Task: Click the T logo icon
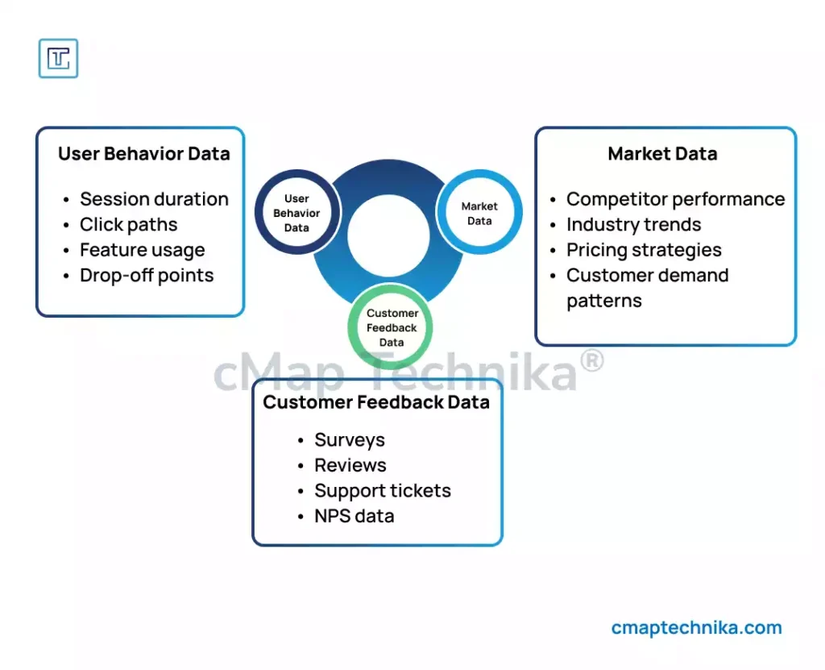point(59,58)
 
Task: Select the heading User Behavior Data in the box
point(143,154)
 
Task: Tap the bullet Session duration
point(154,199)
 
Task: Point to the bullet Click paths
point(128,225)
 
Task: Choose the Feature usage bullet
point(142,250)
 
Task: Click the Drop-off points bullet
point(147,276)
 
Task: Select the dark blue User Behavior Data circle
point(296,213)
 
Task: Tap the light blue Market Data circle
point(479,213)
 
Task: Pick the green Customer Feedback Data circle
point(392,327)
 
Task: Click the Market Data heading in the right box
point(662,154)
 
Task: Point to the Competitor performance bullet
point(675,199)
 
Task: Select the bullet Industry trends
point(633,225)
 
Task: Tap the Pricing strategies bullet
point(644,250)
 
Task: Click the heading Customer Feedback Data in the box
point(376,402)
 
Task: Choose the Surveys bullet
point(350,440)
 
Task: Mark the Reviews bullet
point(350,465)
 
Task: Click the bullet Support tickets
point(382,491)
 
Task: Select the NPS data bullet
point(354,516)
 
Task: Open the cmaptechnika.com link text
point(696,628)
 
